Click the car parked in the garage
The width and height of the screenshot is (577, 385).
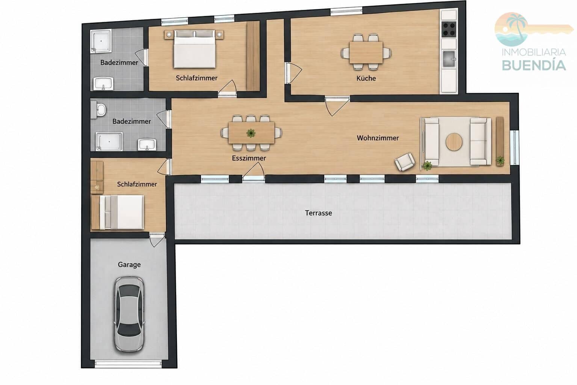(x=129, y=314)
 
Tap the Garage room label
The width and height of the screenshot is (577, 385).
(x=129, y=265)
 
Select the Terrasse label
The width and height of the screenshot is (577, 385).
(x=319, y=213)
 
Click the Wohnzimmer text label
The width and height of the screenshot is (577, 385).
(x=378, y=138)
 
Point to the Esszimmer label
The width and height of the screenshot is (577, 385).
(x=249, y=158)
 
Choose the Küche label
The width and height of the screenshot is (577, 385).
(x=366, y=78)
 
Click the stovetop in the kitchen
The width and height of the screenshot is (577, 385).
(x=449, y=29)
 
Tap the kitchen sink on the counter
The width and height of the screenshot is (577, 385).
(x=449, y=59)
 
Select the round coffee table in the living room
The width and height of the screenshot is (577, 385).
(x=454, y=142)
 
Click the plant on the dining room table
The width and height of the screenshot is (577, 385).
(x=251, y=133)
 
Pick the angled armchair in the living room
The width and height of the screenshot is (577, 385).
(x=405, y=162)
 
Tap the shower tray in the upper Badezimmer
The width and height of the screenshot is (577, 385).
(x=101, y=41)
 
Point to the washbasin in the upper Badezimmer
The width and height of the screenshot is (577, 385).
(x=103, y=83)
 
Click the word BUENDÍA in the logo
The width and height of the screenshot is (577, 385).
(x=534, y=65)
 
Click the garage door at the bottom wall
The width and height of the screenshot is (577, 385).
(x=128, y=364)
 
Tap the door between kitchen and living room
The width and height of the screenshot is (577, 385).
(x=337, y=106)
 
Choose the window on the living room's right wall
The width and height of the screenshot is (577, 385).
(x=514, y=147)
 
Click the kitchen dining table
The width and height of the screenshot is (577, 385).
(x=366, y=52)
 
